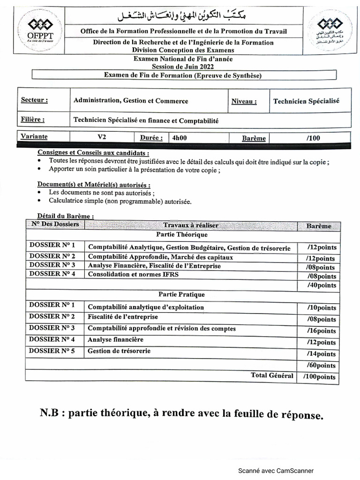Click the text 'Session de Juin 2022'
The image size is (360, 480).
tap(183, 66)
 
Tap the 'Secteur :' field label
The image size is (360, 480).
tap(34, 100)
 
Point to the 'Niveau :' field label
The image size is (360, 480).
tap(244, 101)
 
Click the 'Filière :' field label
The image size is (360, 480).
tap(33, 120)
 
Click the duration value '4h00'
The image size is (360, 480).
tap(180, 138)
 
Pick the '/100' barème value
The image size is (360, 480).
tap(313, 138)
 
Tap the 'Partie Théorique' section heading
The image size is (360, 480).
tap(182, 234)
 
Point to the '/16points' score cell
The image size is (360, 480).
tap(321, 331)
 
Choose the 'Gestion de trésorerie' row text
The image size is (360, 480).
tap(119, 351)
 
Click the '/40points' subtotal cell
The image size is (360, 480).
tap(321, 285)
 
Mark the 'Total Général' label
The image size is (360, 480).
tap(272, 375)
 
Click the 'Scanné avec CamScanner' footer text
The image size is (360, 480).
tap(276, 471)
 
